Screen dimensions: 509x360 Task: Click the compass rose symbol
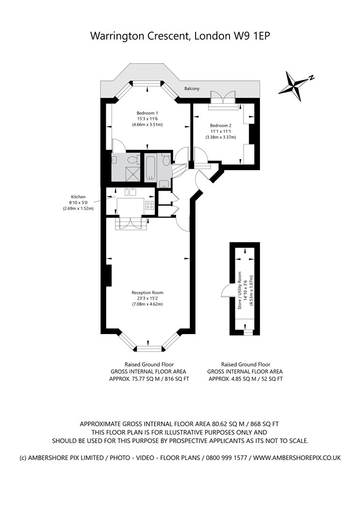294,85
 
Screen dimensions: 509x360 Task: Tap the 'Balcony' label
192,89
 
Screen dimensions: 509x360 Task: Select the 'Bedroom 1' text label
147,113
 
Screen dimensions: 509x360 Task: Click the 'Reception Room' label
147,292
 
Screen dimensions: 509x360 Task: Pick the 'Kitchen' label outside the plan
78,197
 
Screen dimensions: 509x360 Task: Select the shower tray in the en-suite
131,173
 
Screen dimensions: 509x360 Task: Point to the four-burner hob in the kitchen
149,205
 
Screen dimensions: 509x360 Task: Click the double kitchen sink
130,191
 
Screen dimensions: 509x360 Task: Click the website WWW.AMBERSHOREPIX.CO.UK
297,457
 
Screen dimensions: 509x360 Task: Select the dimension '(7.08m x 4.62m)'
147,304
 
